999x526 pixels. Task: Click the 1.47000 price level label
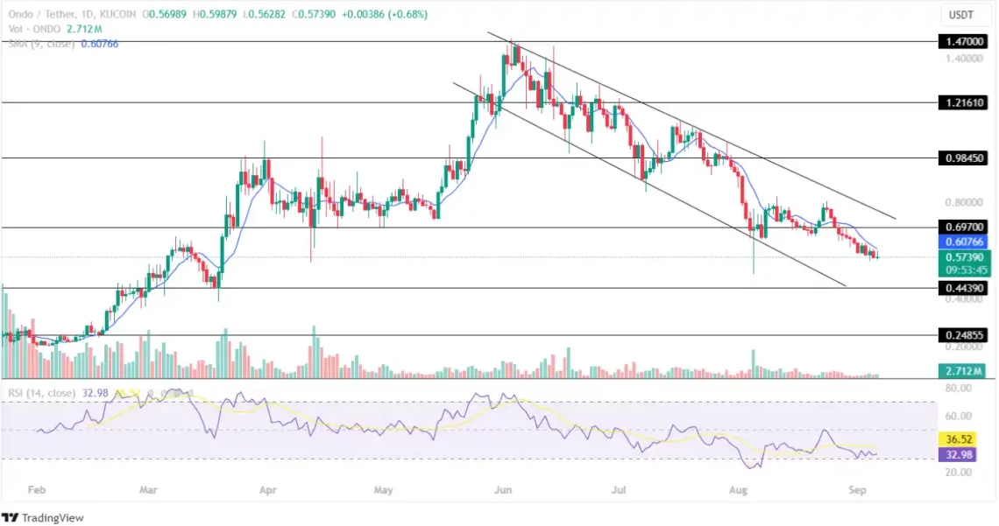[964, 41]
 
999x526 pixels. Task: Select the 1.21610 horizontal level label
[964, 102]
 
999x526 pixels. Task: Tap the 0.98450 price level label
[964, 158]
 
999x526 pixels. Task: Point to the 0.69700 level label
[964, 227]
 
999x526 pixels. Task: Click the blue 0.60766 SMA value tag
[964, 241]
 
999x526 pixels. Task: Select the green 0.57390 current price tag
[964, 257]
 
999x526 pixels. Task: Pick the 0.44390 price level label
[964, 288]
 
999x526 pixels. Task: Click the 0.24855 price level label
[964, 335]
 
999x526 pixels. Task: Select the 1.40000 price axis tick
[964, 58]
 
